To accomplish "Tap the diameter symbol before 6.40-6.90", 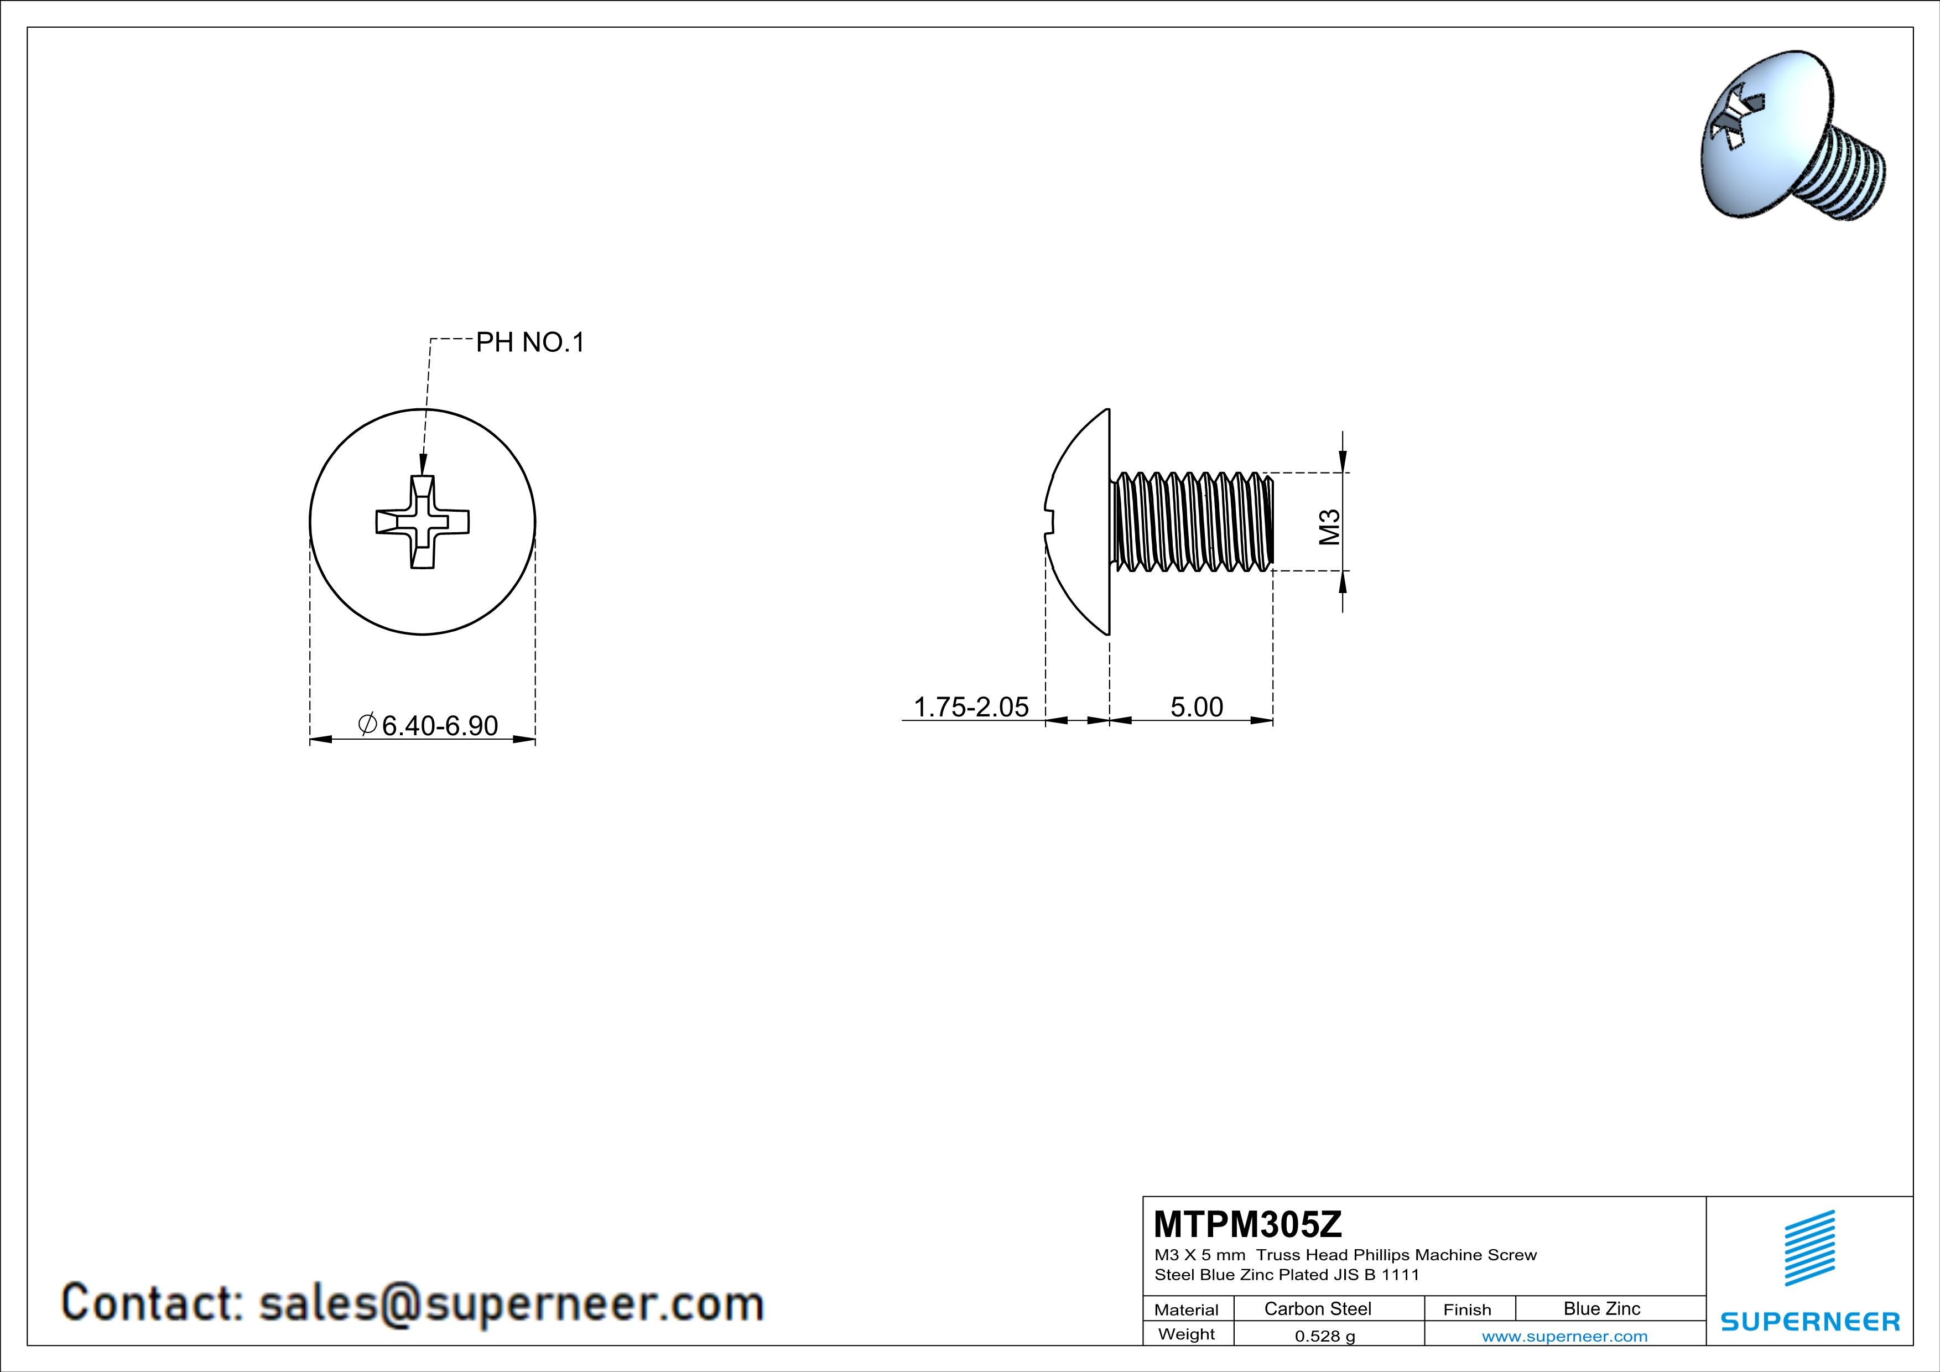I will tap(367, 724).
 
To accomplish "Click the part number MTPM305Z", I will tap(1247, 1224).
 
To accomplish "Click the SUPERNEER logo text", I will tap(1810, 1321).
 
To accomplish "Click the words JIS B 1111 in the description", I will tap(1376, 1275).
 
